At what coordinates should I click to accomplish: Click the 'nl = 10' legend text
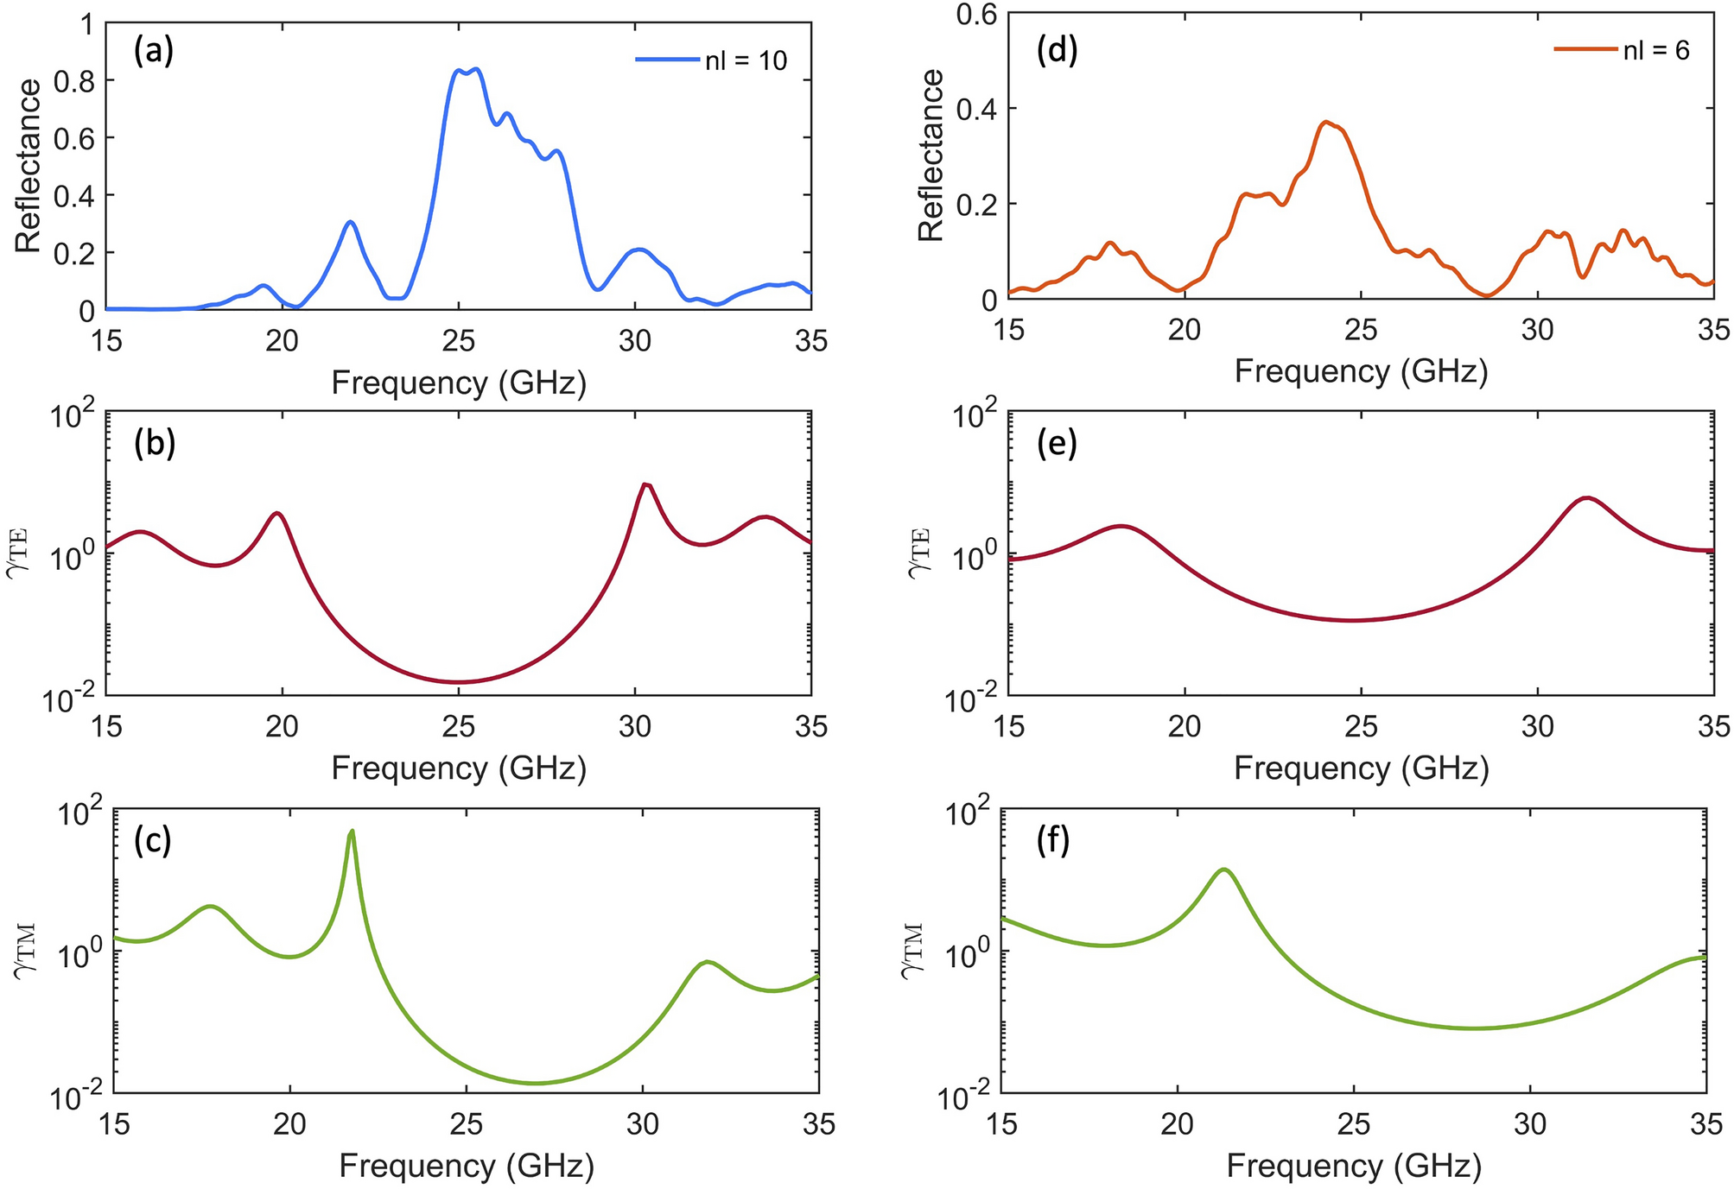pos(746,60)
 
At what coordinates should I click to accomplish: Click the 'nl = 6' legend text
pos(1655,50)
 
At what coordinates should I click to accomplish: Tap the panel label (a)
pos(154,52)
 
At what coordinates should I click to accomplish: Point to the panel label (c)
pos(154,840)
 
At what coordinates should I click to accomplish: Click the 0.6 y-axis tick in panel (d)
pos(977,14)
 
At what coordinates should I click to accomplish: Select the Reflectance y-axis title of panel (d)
pos(931,155)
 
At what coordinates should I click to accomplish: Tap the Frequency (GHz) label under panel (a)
pos(459,383)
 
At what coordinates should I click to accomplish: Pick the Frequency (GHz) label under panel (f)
pos(1354,1166)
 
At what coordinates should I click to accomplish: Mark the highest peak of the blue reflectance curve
pos(475,69)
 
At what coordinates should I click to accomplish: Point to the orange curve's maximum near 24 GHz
pos(1326,123)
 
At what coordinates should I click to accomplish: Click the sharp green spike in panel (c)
pos(352,832)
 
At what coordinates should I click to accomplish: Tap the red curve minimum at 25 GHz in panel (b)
pos(459,682)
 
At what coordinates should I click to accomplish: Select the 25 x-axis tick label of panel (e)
pos(1361,727)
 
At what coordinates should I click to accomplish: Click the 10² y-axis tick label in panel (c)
pos(83,815)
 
